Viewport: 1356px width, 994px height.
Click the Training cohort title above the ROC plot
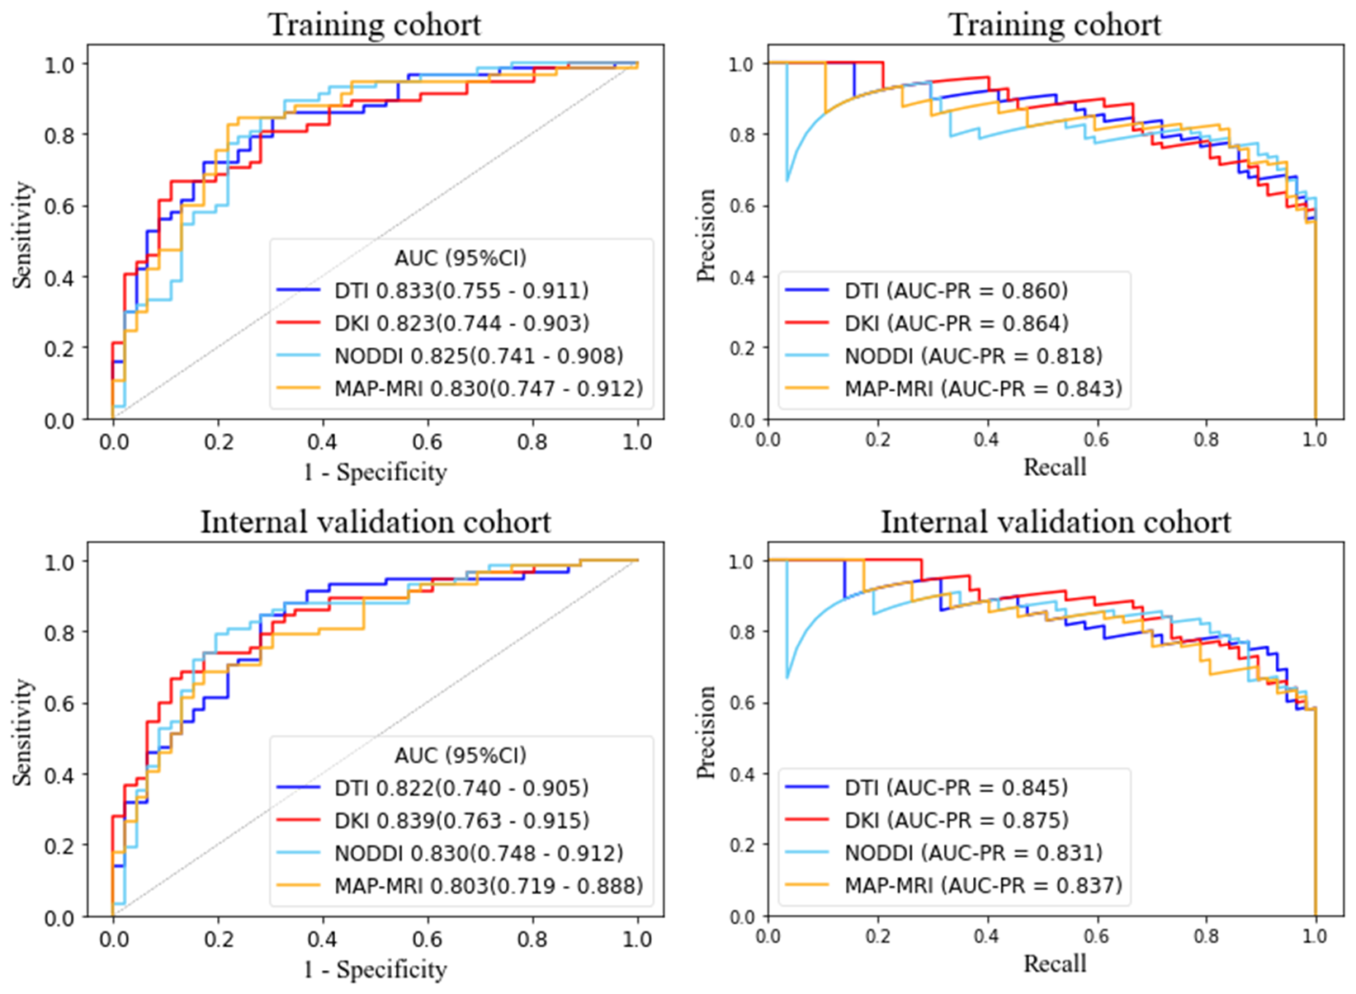[x=375, y=24]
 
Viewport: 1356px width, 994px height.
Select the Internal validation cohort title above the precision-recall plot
[x=1056, y=522]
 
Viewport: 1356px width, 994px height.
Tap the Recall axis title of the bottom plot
[x=1055, y=963]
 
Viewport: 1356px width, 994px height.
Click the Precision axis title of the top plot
[x=706, y=235]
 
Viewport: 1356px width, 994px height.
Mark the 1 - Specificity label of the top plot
[x=376, y=472]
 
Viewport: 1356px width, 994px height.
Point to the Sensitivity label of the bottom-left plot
[x=24, y=732]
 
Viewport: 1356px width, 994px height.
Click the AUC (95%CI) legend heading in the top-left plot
[x=461, y=258]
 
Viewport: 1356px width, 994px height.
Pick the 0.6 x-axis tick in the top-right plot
[x=1097, y=440]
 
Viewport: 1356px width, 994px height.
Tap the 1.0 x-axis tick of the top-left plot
[x=637, y=442]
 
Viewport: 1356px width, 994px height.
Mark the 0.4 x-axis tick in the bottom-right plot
[x=987, y=936]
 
